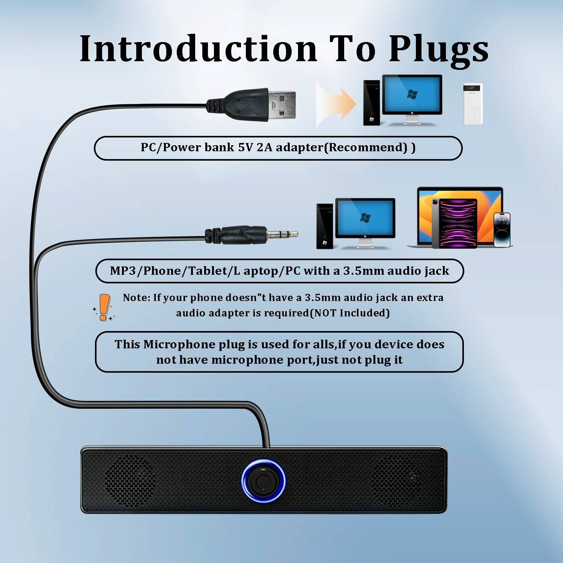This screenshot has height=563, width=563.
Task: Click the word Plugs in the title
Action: click(438, 49)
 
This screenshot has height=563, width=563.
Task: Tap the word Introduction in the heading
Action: click(198, 49)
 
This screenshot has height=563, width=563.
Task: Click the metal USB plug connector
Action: click(281, 104)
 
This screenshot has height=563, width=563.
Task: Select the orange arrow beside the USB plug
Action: click(336, 103)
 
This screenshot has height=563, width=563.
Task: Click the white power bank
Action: click(473, 104)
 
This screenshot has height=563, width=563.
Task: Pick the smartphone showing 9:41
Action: click(502, 230)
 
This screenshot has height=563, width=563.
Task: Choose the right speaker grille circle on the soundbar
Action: click(396, 480)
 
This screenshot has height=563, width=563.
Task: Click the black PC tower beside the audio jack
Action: click(325, 226)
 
